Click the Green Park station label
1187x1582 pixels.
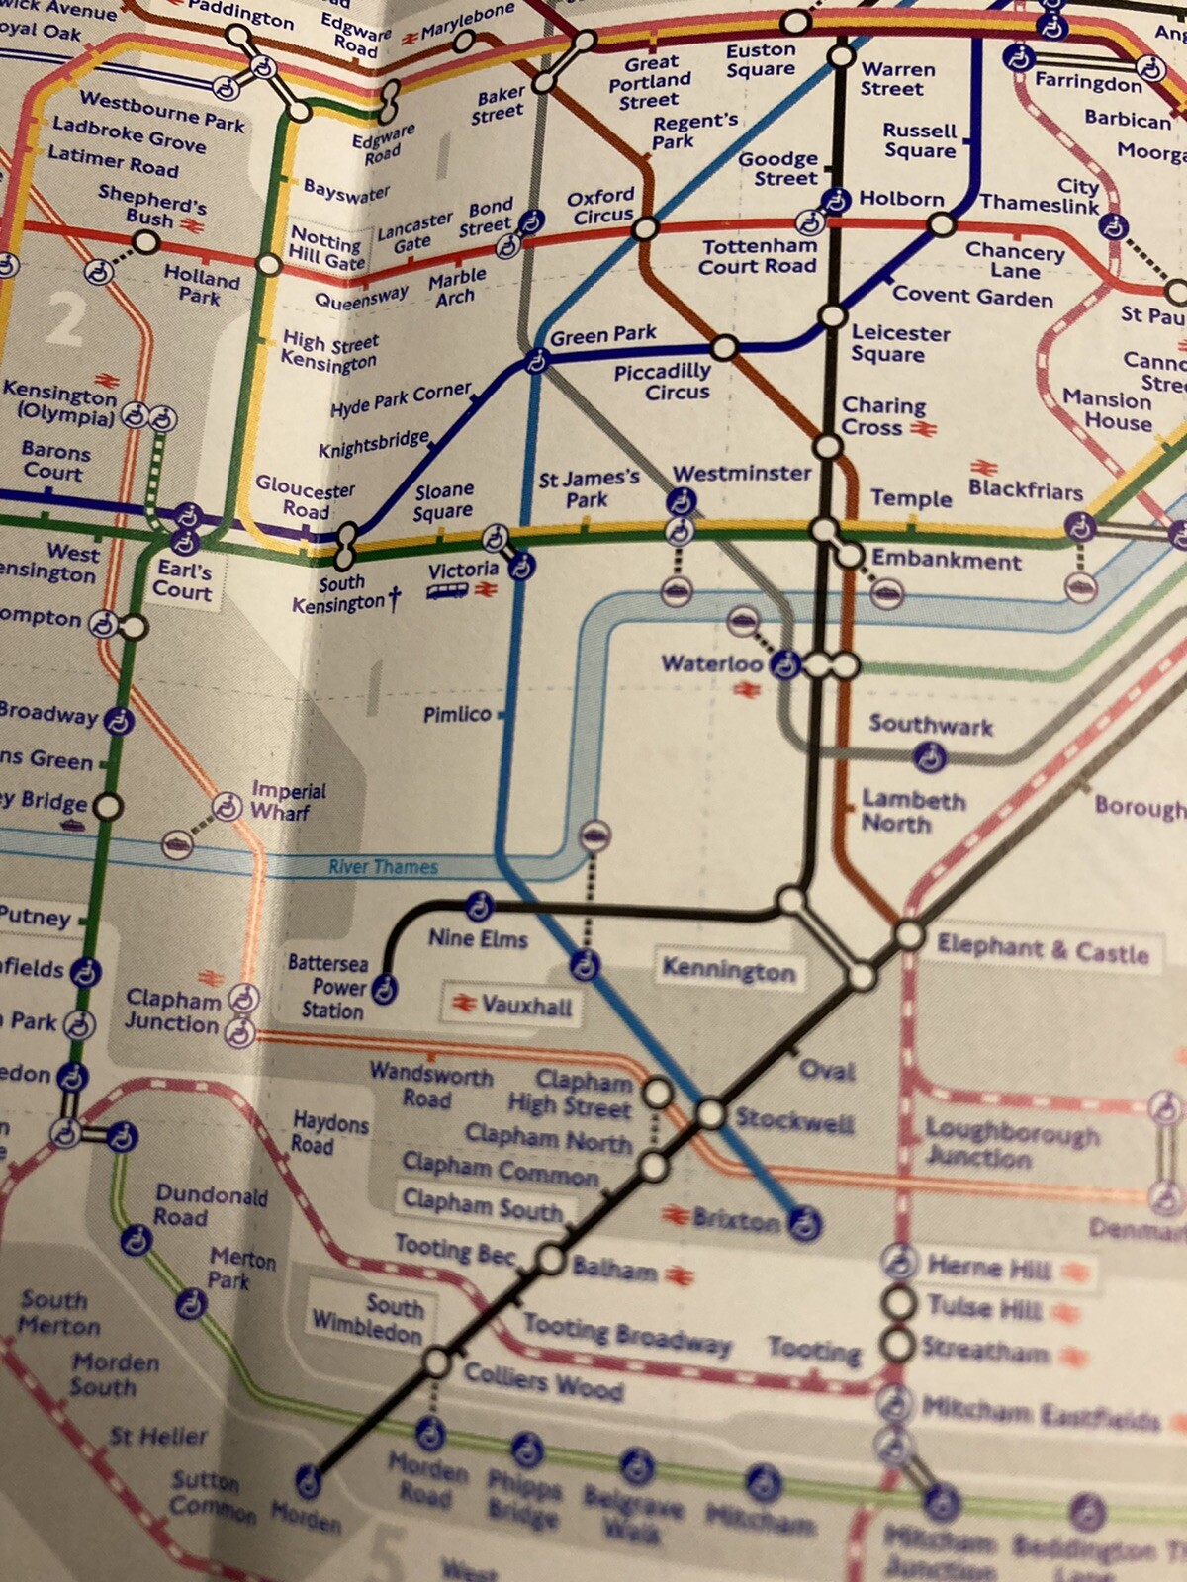(602, 335)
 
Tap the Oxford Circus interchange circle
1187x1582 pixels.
(645, 229)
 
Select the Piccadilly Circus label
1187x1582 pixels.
(663, 382)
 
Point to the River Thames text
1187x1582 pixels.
(383, 867)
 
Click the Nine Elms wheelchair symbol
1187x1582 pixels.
(479, 905)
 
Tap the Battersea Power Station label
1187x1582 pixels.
(327, 986)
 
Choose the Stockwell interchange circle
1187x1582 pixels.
(711, 1114)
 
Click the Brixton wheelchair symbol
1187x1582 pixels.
(805, 1224)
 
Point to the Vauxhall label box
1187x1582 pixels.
(512, 1006)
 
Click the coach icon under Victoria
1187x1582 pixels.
(446, 591)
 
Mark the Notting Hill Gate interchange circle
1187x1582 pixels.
(269, 265)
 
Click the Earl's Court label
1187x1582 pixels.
(183, 581)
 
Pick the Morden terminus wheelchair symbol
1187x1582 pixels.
(309, 1480)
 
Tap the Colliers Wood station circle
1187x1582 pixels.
(436, 1364)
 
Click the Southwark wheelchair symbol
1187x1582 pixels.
(928, 758)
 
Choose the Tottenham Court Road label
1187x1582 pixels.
(759, 256)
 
